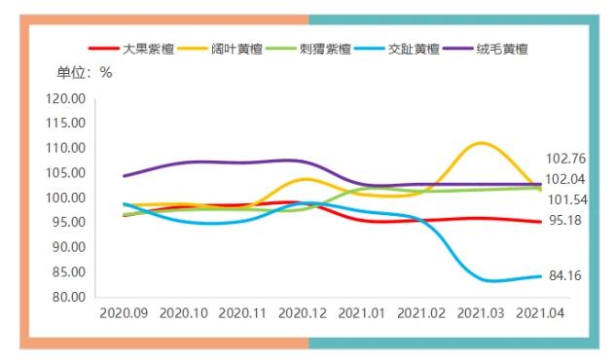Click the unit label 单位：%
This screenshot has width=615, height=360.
pyautogui.click(x=85, y=72)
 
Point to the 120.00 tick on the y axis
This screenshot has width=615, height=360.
pyautogui.click(x=66, y=98)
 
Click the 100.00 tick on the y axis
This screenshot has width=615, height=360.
pyautogui.click(x=66, y=198)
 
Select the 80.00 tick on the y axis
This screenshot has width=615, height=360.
pyautogui.click(x=66, y=297)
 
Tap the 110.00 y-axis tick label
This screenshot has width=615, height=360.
pyautogui.click(x=66, y=148)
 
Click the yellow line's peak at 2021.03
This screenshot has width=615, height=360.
pyautogui.click(x=481, y=143)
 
